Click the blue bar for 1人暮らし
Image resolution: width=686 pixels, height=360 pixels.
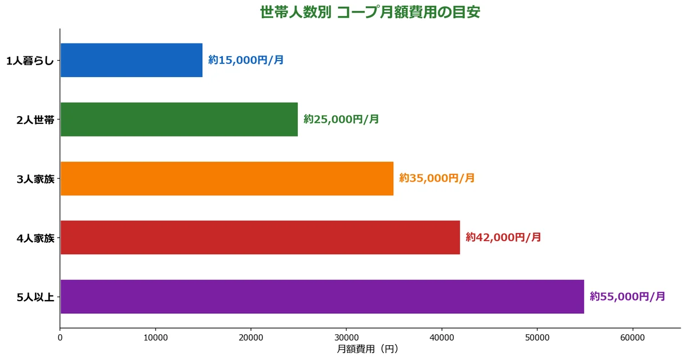pos(131,60)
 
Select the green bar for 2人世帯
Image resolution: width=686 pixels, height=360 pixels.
pos(179,119)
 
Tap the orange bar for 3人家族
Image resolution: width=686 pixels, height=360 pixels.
pos(226,178)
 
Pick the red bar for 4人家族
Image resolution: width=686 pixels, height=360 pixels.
pos(260,237)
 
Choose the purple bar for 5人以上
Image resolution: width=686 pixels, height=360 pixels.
pos(322,297)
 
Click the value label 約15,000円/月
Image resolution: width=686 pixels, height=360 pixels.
pos(246,60)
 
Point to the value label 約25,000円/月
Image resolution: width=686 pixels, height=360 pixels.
pos(341,119)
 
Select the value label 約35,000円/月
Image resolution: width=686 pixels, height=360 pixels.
pos(437,178)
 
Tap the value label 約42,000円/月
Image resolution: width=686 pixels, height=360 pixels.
pos(503,237)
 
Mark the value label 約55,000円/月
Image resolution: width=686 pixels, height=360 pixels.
pos(628,297)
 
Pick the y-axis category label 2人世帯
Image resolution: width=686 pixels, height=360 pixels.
pos(35,120)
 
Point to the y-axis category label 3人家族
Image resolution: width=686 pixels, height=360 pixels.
pos(35,179)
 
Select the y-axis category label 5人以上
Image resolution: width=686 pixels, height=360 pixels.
pos(35,297)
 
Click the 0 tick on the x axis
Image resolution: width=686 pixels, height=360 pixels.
pos(60,338)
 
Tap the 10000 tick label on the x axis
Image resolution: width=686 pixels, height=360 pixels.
pos(155,338)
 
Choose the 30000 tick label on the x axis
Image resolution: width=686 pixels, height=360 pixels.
pos(346,338)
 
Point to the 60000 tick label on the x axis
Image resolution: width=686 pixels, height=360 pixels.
pos(633,338)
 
